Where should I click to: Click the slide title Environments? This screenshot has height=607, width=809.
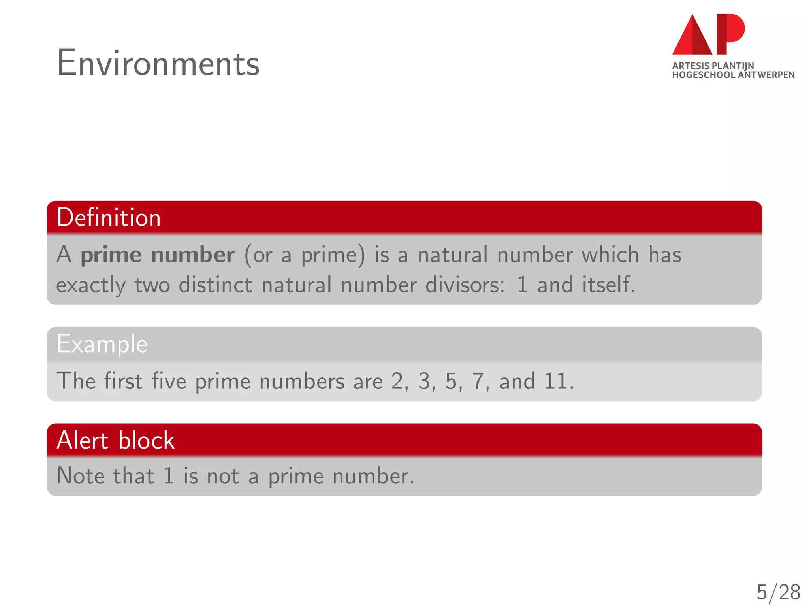[x=158, y=63]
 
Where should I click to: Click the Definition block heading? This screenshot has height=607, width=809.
[x=109, y=218]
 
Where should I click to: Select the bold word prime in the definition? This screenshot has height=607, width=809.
[x=111, y=255]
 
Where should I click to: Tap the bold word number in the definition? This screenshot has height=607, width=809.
[x=193, y=255]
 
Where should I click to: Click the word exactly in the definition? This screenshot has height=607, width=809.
[x=90, y=285]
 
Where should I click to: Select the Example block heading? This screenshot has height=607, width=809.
[x=102, y=344]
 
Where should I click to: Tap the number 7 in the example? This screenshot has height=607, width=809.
[x=478, y=381]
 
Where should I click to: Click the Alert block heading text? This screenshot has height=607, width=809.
[x=115, y=440]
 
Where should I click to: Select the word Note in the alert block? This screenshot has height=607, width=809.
[x=81, y=476]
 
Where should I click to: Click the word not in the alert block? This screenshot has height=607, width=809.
[x=223, y=476]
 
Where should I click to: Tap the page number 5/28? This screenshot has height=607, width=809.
[x=778, y=592]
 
